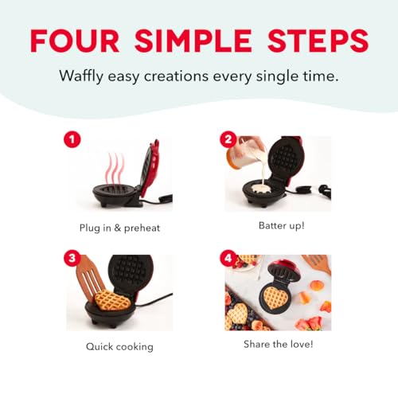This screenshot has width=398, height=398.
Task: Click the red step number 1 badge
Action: tap(72, 140)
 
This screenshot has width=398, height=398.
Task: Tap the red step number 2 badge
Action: tap(227, 139)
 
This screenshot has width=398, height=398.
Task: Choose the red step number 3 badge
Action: tap(72, 259)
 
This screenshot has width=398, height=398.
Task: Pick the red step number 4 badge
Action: tap(227, 259)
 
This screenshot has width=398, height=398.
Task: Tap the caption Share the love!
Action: tap(278, 345)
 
